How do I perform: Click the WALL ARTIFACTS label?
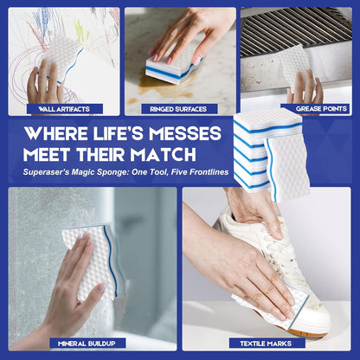coord(64,109)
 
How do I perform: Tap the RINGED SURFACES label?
coord(178,109)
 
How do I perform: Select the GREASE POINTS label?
coord(321,109)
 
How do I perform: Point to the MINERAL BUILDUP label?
coord(87,344)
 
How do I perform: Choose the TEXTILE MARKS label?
coord(266,344)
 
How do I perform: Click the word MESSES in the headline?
coord(185,133)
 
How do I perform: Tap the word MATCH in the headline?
coord(163,155)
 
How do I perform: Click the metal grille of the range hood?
coord(296,32)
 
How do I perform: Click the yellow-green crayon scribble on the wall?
coord(80,32)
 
